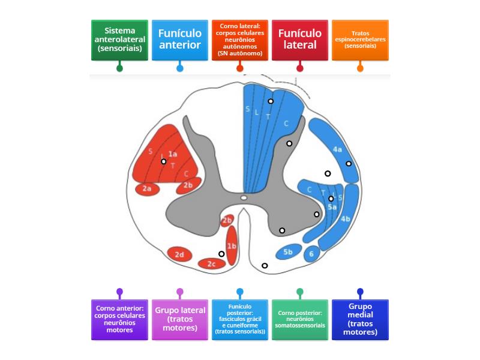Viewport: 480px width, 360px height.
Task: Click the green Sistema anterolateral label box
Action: [x=119, y=40]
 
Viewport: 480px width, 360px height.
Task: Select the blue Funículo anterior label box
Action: [x=179, y=40]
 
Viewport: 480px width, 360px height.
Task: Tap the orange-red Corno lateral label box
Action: [x=239, y=40]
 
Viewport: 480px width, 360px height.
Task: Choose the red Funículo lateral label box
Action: [x=299, y=40]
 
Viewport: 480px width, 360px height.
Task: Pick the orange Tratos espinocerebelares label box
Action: [x=360, y=40]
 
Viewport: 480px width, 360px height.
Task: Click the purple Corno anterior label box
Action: [x=119, y=320]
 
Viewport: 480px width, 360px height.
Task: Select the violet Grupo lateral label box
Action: [x=179, y=320]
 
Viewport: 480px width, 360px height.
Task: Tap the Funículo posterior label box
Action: [x=239, y=320]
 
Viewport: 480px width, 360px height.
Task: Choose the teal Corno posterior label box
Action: [x=299, y=320]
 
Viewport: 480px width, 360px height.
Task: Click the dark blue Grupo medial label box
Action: [x=360, y=320]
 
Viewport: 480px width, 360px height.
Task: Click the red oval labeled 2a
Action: [x=147, y=189]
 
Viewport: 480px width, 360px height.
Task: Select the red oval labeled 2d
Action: [x=179, y=254]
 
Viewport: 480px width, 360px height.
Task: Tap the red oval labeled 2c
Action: [x=211, y=263]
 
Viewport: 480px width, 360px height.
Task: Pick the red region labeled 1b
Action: [x=232, y=246]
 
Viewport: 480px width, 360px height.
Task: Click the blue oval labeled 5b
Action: [x=288, y=252]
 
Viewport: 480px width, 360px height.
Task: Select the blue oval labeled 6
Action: [x=311, y=253]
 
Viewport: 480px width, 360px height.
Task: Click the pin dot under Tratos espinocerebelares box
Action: [x=360, y=68]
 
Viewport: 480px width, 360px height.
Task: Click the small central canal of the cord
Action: [x=243, y=197]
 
